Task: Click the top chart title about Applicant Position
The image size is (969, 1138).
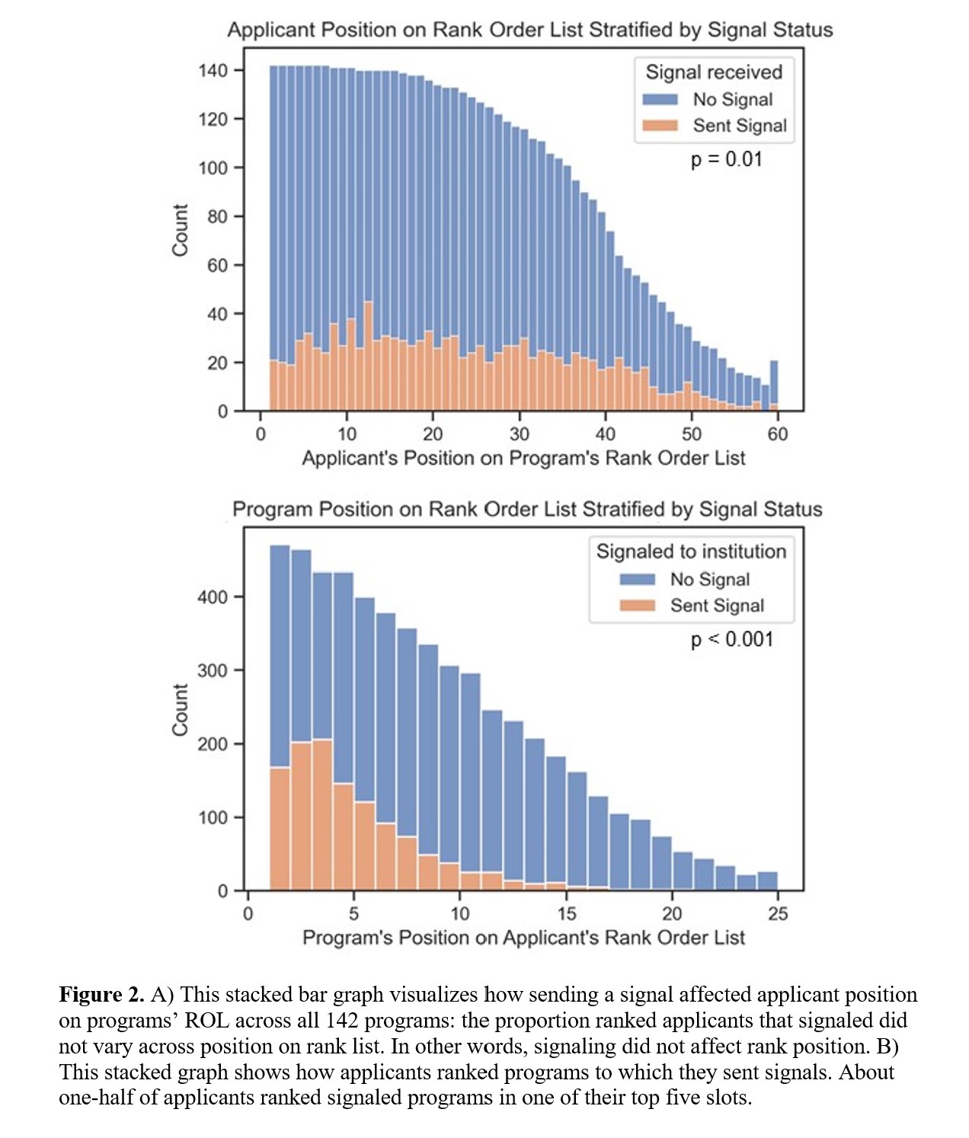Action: click(x=529, y=30)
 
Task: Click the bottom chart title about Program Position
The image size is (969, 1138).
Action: click(x=527, y=509)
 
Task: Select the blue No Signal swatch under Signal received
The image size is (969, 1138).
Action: click(x=660, y=100)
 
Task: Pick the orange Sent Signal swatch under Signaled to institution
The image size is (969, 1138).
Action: click(x=638, y=606)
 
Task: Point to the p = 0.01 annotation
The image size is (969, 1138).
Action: click(x=726, y=159)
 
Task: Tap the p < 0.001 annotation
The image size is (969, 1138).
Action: click(x=731, y=639)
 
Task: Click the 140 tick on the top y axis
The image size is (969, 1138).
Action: click(x=213, y=71)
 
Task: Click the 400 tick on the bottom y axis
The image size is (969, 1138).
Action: click(x=213, y=597)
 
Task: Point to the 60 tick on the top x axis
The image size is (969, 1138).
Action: click(x=777, y=434)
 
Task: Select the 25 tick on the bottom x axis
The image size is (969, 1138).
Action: click(x=777, y=913)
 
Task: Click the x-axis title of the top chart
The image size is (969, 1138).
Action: click(x=523, y=458)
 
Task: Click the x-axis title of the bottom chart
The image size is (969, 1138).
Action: click(x=523, y=937)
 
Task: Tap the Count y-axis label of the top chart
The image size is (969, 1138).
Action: click(x=180, y=230)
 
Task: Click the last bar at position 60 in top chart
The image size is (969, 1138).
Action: click(x=774, y=385)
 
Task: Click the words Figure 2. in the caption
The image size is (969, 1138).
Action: click(x=101, y=995)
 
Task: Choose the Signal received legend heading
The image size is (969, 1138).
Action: click(x=714, y=72)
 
